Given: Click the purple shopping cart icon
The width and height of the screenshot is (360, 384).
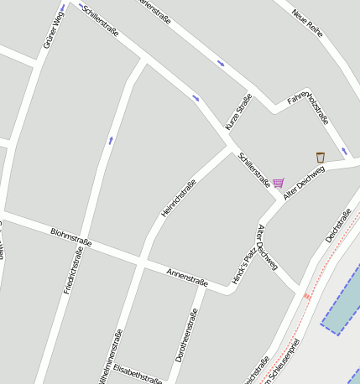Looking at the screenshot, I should (x=278, y=183).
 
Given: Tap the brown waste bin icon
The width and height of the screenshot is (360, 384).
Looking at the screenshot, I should (x=320, y=158).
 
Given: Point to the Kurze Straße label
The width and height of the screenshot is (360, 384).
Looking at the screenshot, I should (x=238, y=112).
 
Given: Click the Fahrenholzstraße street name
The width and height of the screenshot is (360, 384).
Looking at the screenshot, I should (x=308, y=106).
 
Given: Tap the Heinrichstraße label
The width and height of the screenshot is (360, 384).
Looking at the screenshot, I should (x=179, y=199).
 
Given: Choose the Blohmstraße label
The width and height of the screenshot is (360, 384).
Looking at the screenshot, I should (x=70, y=237).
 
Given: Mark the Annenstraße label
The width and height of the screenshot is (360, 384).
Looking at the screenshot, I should (x=186, y=278).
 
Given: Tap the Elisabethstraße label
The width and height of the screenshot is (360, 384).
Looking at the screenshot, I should (x=138, y=372).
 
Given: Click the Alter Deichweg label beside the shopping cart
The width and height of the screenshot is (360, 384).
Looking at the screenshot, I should (x=304, y=182).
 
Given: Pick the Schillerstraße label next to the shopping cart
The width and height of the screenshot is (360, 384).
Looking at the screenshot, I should (x=253, y=169).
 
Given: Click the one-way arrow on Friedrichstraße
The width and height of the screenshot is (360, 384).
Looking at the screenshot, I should (x=110, y=140).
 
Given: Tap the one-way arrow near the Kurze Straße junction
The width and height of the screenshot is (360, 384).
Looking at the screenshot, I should (x=196, y=98).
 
